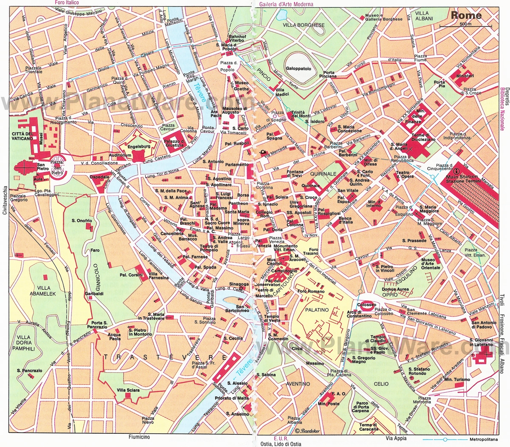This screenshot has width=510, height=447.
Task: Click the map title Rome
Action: point(466,15)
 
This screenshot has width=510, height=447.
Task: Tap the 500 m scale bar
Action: point(465,27)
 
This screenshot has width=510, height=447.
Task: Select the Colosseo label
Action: point(366,305)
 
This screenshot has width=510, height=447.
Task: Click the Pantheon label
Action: point(238,204)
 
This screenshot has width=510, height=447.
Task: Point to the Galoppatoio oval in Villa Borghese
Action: point(298,68)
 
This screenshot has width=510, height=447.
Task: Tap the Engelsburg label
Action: point(139,147)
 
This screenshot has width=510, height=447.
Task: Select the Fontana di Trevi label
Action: point(295,174)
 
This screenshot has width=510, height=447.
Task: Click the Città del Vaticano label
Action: point(23,136)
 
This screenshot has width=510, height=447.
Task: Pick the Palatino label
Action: point(317,310)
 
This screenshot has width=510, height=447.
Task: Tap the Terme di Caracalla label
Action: point(368,427)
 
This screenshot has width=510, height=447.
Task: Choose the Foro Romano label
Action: point(311,291)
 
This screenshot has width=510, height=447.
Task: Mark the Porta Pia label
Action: point(439,84)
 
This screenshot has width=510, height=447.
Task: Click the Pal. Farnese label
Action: point(195,257)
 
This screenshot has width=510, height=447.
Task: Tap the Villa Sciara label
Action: point(128,390)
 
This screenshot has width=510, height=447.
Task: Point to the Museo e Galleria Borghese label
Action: point(383,17)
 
